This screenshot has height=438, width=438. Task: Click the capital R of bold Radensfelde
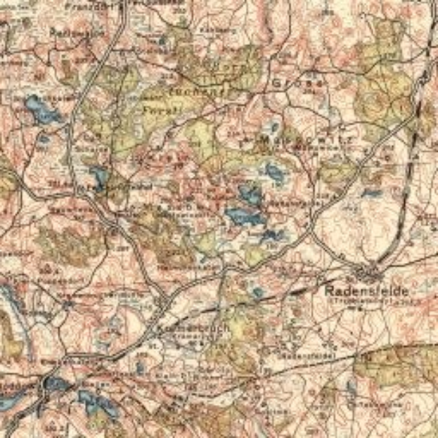coord(328,290)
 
